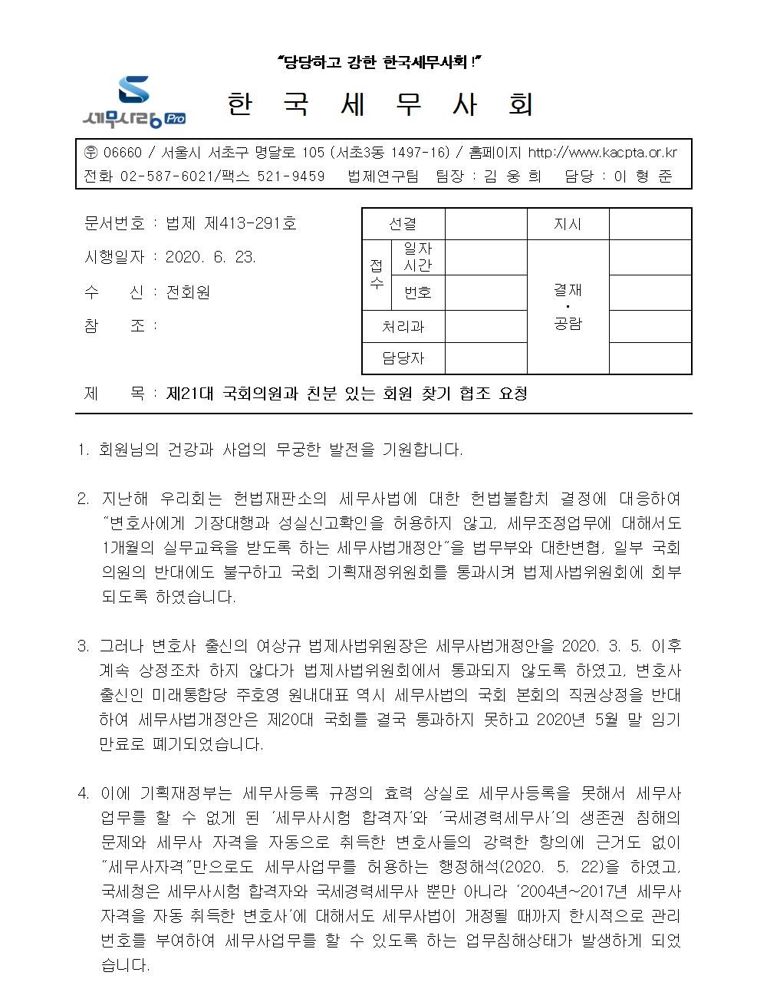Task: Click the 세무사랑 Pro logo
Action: [133, 101]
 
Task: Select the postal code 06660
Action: [120, 153]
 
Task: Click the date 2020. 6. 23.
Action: [211, 257]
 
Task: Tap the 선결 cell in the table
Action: [403, 224]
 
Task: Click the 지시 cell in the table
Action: [568, 224]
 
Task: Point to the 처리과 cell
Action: [403, 327]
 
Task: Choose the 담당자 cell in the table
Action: [403, 358]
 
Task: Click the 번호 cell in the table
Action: [418, 292]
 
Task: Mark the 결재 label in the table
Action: [568, 289]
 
